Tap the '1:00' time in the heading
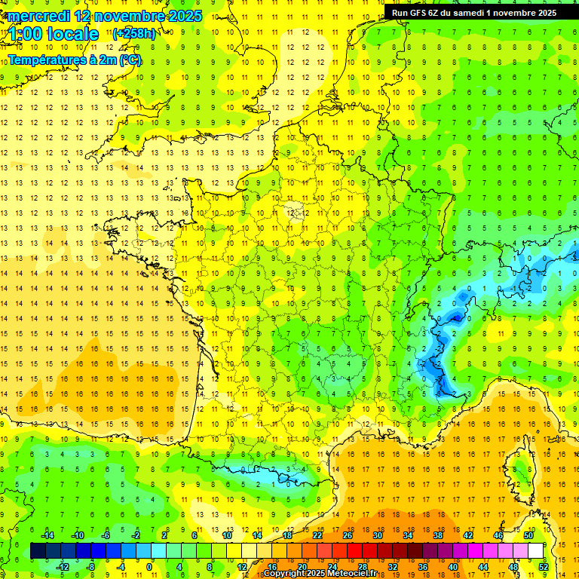(x=25, y=34)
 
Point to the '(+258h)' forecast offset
(x=134, y=33)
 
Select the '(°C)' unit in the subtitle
(x=130, y=60)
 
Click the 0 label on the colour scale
(x=149, y=567)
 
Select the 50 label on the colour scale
(x=528, y=535)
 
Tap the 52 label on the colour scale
(x=544, y=567)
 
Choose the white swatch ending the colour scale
(x=536, y=551)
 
